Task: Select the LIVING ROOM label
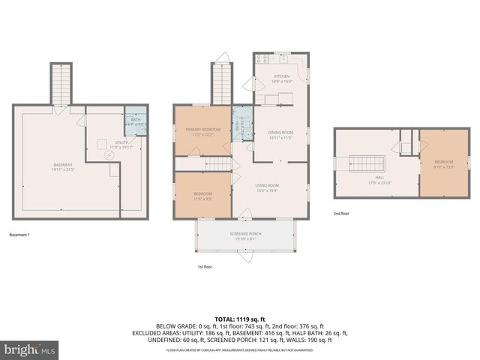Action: tap(268, 187)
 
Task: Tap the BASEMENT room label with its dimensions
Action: tap(63, 167)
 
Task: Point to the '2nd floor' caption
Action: tap(342, 214)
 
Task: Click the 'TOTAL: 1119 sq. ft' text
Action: tap(240, 318)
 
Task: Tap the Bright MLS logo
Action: tap(31, 349)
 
